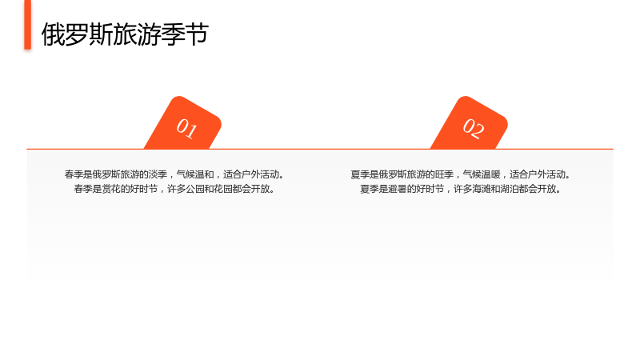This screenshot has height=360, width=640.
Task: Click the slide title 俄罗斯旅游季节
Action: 125,34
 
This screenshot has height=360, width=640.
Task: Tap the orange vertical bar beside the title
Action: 28,25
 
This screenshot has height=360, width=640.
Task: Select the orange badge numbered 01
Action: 183,123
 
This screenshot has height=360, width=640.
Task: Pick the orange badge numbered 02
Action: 470,123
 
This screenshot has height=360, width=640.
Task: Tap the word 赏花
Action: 111,189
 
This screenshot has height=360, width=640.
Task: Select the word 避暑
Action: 398,189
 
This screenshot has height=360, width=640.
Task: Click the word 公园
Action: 195,189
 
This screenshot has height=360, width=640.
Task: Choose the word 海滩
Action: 482,189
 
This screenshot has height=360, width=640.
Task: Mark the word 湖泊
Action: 510,189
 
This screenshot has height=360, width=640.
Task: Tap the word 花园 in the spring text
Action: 223,189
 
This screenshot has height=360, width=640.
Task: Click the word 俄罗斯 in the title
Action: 77,34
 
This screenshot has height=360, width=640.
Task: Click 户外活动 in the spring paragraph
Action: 261,174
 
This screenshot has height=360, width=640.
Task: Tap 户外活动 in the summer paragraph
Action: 547,174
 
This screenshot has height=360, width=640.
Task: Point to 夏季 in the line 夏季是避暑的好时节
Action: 370,189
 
